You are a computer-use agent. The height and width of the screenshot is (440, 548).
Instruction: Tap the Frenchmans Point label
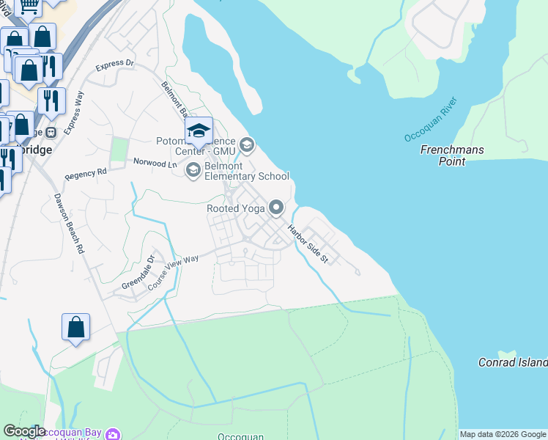(x=452, y=155)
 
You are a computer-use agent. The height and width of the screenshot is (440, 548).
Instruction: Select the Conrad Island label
(x=512, y=362)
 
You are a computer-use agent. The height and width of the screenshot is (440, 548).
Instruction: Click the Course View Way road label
(x=174, y=271)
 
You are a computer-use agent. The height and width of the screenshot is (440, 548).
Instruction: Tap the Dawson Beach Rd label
(x=69, y=224)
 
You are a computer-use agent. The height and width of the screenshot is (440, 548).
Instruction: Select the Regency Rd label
(x=86, y=174)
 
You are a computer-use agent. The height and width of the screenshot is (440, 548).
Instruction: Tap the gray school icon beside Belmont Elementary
(x=193, y=171)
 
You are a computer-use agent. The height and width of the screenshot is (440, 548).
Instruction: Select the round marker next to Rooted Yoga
(x=276, y=208)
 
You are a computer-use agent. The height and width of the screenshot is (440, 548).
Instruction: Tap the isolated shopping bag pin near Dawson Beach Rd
(x=76, y=328)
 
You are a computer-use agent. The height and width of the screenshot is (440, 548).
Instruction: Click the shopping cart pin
(x=29, y=7)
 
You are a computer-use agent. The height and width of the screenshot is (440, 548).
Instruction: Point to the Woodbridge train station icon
(x=51, y=133)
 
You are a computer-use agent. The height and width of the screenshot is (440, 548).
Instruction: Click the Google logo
(x=24, y=431)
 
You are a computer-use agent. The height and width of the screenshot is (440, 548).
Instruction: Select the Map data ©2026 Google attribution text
(x=503, y=434)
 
